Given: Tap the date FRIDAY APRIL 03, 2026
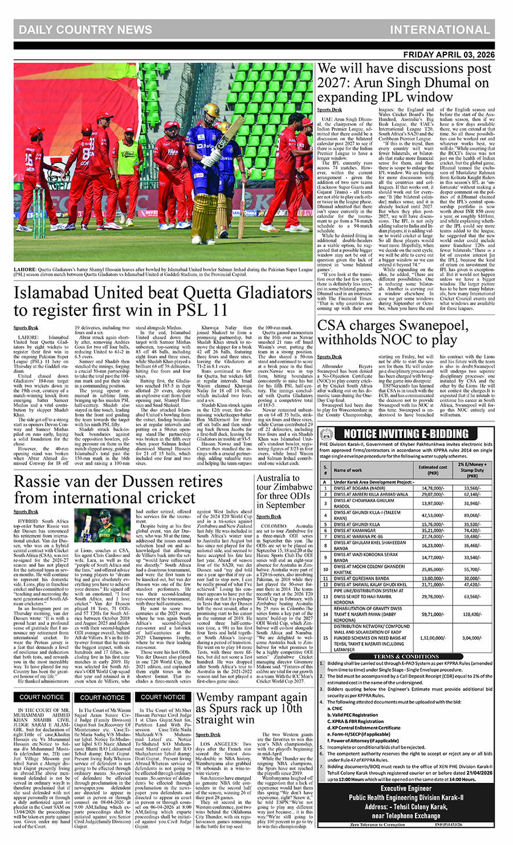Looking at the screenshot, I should [449, 55].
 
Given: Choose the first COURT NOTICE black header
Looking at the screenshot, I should [42, 697].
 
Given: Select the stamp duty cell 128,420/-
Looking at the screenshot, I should [471, 615].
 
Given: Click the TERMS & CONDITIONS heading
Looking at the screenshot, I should [406, 657].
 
